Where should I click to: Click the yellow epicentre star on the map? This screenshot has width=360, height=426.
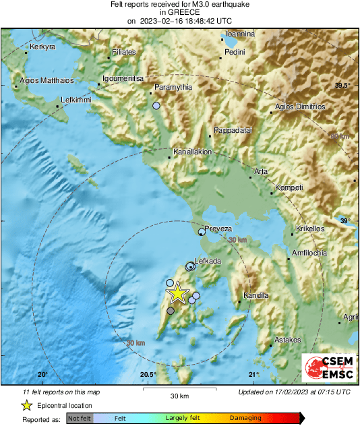177,293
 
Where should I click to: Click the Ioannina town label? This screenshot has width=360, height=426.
240,34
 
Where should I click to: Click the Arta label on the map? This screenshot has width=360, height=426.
261,171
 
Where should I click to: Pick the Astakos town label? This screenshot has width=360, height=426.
288,340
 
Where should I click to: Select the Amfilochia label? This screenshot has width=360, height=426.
309,253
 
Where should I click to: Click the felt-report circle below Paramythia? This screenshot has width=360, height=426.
156,106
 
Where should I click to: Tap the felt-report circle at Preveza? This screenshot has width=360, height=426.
202,232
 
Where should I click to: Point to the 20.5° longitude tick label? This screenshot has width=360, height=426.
148,375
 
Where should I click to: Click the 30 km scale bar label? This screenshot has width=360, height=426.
179,395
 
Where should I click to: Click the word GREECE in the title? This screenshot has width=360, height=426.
179,12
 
